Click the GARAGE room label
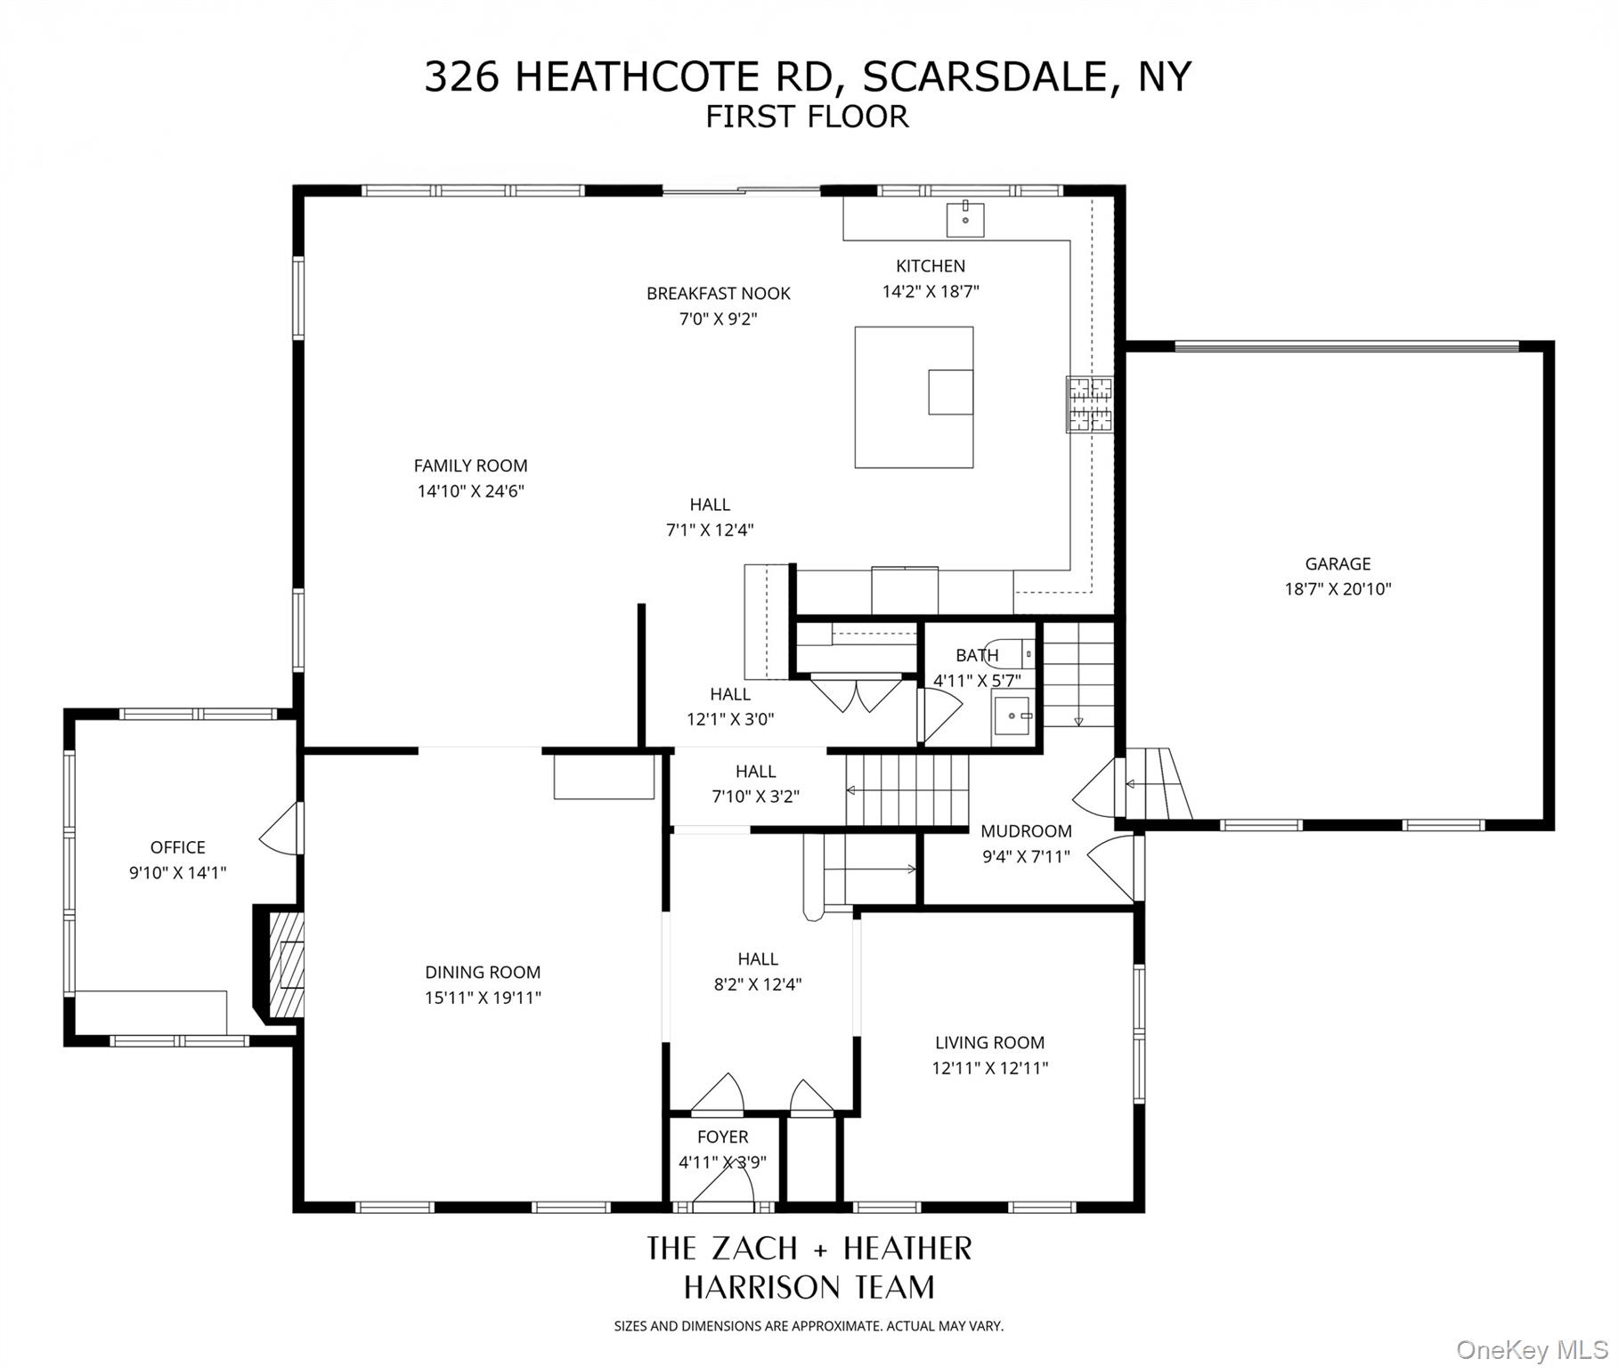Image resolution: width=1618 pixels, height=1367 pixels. pos(1337,563)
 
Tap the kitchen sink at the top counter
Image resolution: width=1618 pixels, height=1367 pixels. pos(964,219)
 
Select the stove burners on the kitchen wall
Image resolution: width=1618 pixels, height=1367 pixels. pos(1090,404)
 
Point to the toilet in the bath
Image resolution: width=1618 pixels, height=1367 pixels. pos(1015,653)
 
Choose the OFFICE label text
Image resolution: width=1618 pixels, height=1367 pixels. pos(177,847)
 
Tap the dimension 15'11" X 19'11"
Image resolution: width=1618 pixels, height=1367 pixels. pos(483,998)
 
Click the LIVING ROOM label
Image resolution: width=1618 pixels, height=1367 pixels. pos(989,1042)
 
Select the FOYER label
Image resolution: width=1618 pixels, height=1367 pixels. pos(722,1136)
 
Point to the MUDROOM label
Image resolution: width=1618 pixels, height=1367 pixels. pos(1026,831)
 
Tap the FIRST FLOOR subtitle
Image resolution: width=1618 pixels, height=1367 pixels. pos(807,117)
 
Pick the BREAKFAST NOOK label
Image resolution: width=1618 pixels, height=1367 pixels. pos(718,293)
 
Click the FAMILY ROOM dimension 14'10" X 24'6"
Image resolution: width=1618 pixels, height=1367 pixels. pos(470,490)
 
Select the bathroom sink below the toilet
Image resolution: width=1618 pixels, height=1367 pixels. pos(1012,716)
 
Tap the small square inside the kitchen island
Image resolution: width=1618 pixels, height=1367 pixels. pos(950,392)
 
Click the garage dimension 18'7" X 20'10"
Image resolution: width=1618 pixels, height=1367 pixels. pos(1337,588)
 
